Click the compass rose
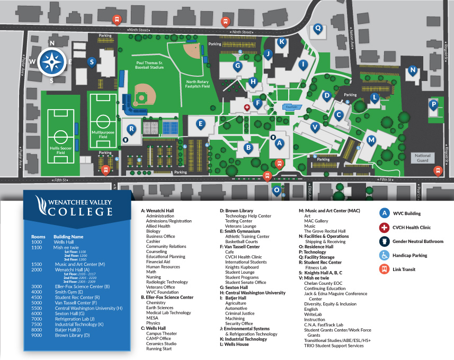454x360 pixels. click(x=52, y=62)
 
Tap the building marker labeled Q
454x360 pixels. click(x=318, y=28)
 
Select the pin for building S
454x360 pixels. click(x=92, y=62)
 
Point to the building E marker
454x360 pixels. click(x=200, y=124)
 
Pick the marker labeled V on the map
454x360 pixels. click(x=315, y=127)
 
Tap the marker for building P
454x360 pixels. click(x=433, y=104)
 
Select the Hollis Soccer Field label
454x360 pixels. click(x=59, y=149)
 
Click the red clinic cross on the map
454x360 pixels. click(x=246, y=107)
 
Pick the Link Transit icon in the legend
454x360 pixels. click(x=384, y=269)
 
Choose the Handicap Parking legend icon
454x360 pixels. click(x=384, y=255)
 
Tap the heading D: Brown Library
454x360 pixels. click(x=237, y=211)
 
